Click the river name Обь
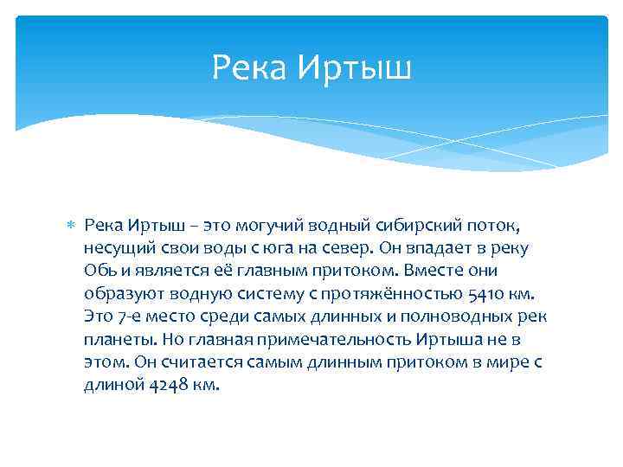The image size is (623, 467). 98,271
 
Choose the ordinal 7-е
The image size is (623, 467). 128,316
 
